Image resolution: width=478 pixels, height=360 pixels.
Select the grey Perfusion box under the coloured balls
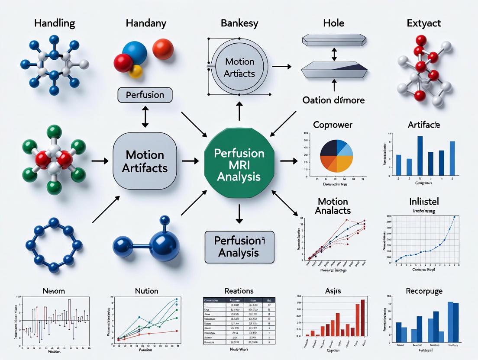[x=145, y=95]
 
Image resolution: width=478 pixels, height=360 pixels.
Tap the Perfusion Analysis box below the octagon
[x=239, y=247]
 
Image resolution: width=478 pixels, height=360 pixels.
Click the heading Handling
[x=55, y=23]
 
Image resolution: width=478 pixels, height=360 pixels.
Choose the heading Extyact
[x=424, y=23]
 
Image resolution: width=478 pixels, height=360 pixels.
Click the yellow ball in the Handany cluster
[x=136, y=71]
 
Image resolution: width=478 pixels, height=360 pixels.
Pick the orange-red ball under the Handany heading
[x=163, y=49]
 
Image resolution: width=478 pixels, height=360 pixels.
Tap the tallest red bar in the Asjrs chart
[x=363, y=318]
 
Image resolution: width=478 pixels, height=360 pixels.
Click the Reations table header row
[x=239, y=299]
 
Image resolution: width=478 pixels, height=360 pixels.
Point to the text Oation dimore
[x=333, y=100]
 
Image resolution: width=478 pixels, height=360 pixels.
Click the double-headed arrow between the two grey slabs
[x=334, y=55]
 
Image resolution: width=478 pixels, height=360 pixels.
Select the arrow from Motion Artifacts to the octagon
[x=189, y=161]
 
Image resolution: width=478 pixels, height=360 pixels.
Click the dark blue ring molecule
[x=54, y=245]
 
